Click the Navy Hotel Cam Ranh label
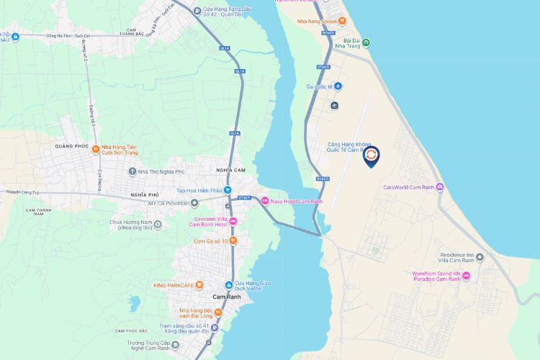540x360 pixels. click(293, 200)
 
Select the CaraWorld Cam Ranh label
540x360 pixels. click(409, 187)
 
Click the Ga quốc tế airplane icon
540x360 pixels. click(338, 86)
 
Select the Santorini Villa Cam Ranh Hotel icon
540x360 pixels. click(233, 221)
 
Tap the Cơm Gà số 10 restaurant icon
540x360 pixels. click(233, 240)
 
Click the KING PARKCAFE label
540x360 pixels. click(174, 285)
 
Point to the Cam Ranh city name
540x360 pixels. click(226, 297)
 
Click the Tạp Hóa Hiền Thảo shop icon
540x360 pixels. click(228, 190)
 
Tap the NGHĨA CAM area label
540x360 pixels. click(231, 169)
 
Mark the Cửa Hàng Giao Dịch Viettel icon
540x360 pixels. click(228, 285)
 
